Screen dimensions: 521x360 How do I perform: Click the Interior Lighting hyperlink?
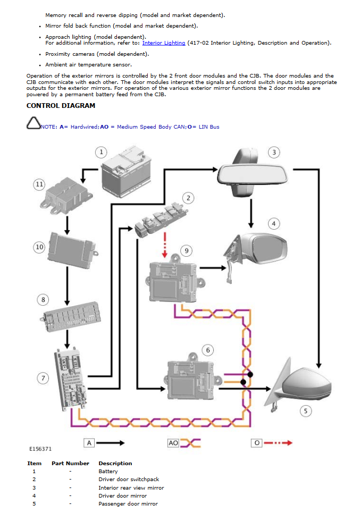click(164, 43)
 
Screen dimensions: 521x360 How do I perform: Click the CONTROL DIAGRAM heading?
click(61, 106)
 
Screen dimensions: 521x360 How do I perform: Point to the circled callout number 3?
click(273, 153)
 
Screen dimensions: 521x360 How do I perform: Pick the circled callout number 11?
click(39, 184)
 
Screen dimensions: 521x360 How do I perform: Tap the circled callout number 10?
click(39, 247)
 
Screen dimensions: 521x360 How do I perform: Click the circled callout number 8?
click(43, 300)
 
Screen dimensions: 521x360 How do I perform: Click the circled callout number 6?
click(208, 350)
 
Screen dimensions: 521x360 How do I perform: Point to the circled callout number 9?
click(185, 250)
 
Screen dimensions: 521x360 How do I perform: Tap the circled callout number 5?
click(305, 410)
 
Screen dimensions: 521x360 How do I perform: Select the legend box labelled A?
click(89, 442)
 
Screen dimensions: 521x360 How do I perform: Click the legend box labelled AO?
click(173, 442)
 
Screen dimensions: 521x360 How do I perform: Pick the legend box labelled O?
click(256, 442)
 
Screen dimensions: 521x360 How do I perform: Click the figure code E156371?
click(40, 449)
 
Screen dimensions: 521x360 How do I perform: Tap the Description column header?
click(115, 464)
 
